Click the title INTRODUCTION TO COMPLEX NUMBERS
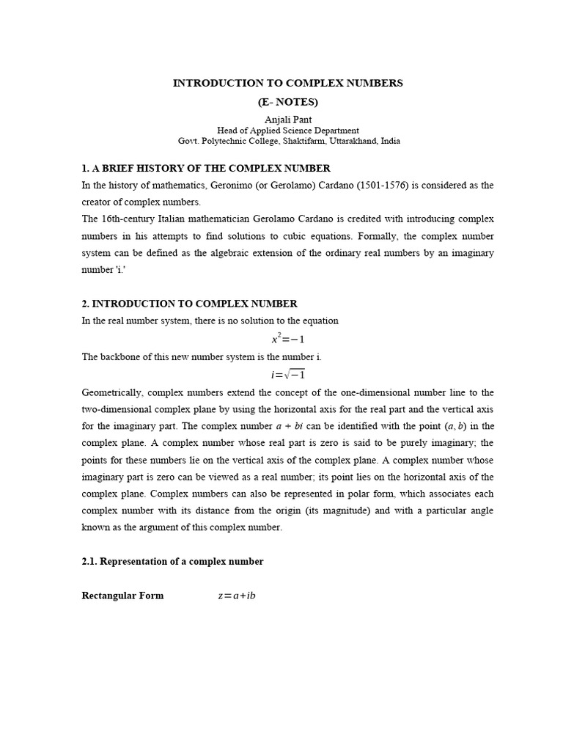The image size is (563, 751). click(287, 83)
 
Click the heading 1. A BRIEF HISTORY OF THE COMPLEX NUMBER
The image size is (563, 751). click(206, 169)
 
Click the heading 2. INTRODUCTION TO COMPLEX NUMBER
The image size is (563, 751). click(189, 304)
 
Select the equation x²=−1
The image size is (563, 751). click(287, 338)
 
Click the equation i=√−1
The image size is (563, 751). click(287, 374)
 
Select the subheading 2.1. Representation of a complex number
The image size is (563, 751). click(172, 562)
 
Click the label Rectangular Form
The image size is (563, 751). click(122, 596)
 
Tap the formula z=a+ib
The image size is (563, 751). click(236, 596)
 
